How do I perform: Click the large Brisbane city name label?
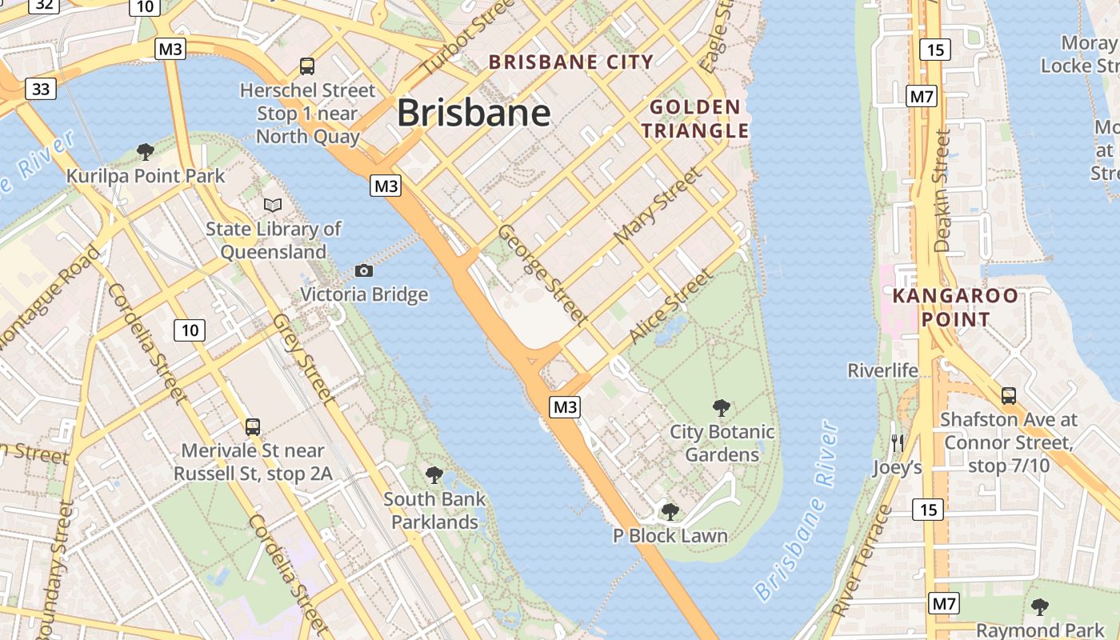pyautogui.click(x=474, y=113)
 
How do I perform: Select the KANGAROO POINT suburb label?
pyautogui.click(x=955, y=307)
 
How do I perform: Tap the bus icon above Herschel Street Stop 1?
pyautogui.click(x=307, y=66)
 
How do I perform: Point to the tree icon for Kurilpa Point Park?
pyautogui.click(x=146, y=151)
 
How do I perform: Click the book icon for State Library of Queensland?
pyautogui.click(x=273, y=205)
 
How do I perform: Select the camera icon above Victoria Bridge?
pyautogui.click(x=364, y=270)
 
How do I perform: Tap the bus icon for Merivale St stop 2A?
pyautogui.click(x=253, y=427)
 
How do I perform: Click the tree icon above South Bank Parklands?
pyautogui.click(x=434, y=475)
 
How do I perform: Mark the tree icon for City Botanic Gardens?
pyautogui.click(x=722, y=408)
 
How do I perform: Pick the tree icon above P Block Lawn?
pyautogui.click(x=670, y=512)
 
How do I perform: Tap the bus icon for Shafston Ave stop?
pyautogui.click(x=1008, y=395)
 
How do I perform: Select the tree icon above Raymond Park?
pyautogui.click(x=1039, y=607)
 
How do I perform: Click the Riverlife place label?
pyautogui.click(x=882, y=370)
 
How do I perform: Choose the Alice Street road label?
pyautogui.click(x=670, y=306)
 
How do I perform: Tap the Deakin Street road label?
pyautogui.click(x=942, y=192)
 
